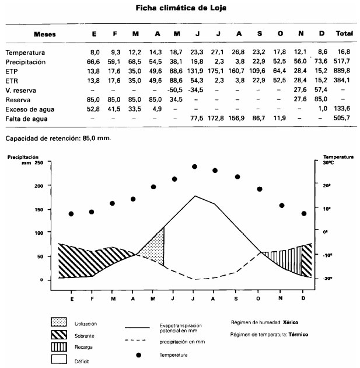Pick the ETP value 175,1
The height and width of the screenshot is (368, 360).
[x=217, y=71]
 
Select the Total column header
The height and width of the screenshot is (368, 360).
[x=344, y=34]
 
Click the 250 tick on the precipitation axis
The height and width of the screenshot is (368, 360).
[x=39, y=162]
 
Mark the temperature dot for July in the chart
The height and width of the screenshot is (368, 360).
[x=194, y=166]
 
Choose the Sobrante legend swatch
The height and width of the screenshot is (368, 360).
[x=60, y=335]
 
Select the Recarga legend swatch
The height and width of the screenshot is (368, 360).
[x=60, y=348]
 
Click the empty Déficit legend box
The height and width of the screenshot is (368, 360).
[x=60, y=360]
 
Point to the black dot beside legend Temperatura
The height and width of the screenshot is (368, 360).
[x=139, y=355]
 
